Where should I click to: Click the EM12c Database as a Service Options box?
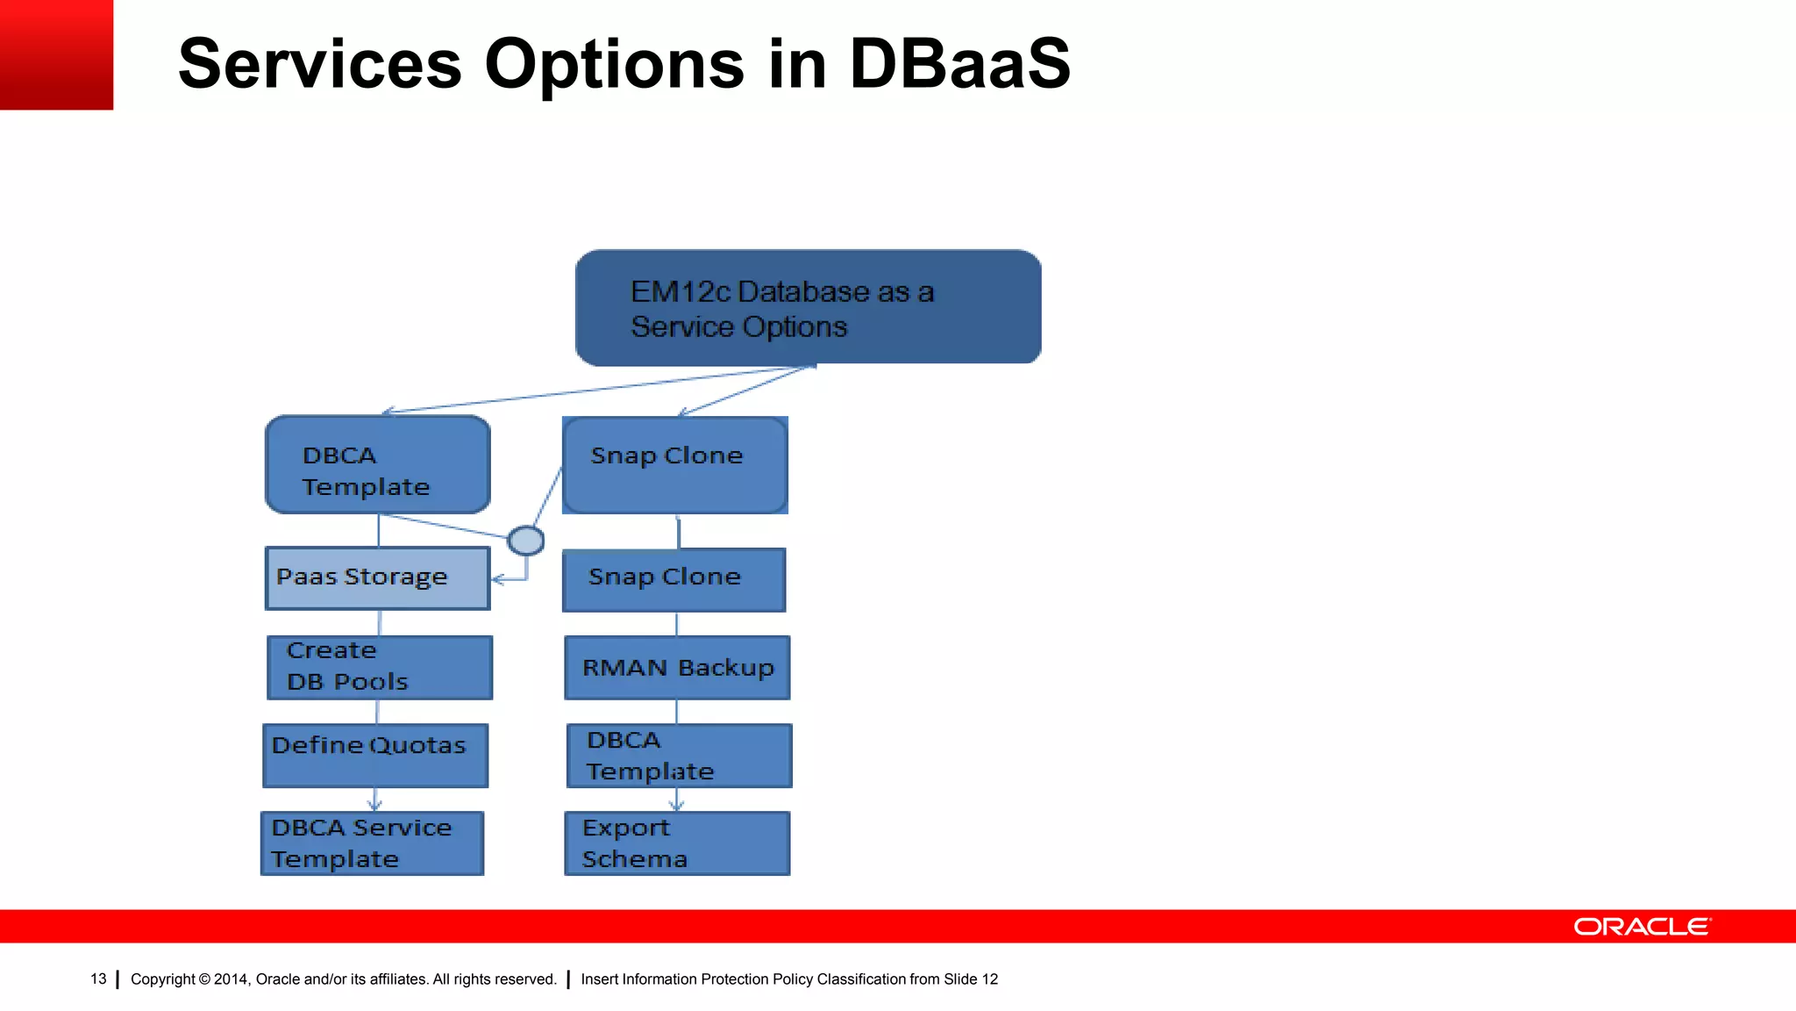coord(808,307)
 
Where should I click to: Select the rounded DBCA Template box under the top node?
coord(378,465)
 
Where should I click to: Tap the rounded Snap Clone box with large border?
coord(674,465)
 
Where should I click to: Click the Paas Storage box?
coord(377,578)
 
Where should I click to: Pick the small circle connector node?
coord(526,541)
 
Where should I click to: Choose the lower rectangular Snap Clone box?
coord(673,580)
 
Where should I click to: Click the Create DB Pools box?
coord(380,668)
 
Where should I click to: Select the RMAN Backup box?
coord(677,668)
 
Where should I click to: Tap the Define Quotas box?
coord(375,755)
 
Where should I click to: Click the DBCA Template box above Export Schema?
coord(679,756)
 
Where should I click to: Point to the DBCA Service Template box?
coord(372,843)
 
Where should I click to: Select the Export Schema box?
coord(677,843)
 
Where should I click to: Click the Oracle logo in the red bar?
coord(1642,927)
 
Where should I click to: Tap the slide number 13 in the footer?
coord(98,979)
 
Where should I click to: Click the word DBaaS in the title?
coord(959,64)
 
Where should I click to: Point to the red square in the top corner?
coord(56,54)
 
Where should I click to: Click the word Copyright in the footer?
coord(162,979)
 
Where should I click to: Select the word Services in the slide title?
coord(320,64)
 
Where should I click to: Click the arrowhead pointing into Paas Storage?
coord(497,579)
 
